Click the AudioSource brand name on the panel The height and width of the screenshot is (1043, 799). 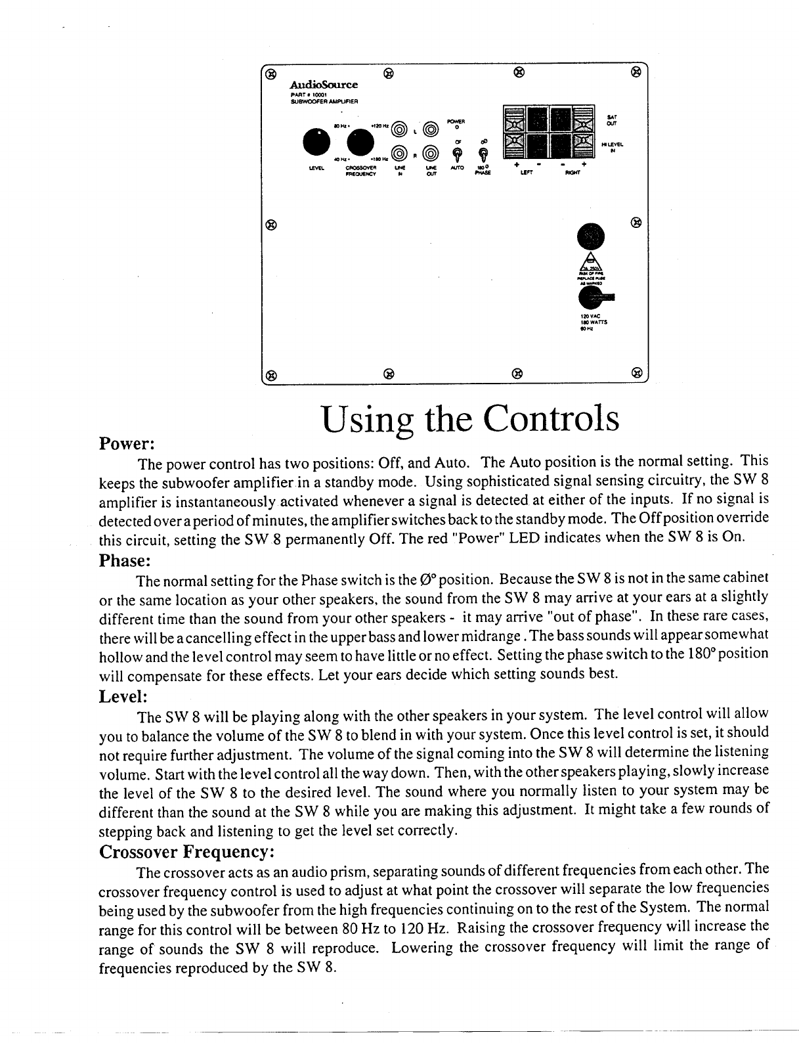point(324,85)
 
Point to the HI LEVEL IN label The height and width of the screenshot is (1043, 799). point(612,146)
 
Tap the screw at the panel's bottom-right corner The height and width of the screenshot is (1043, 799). point(636,374)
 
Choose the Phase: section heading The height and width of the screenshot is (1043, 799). point(125,562)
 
